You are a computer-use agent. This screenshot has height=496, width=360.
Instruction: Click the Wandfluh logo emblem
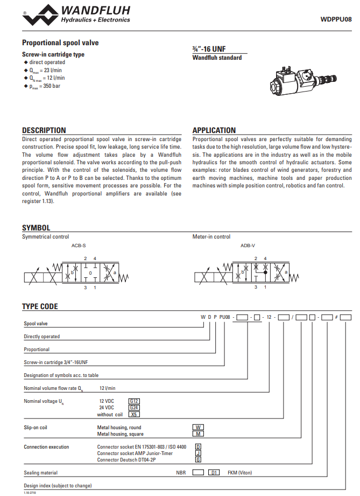40,15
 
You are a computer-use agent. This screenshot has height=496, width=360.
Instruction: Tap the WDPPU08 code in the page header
336,19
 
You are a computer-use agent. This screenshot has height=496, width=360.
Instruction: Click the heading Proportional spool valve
60,43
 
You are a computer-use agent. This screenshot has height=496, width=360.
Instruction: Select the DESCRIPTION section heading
44,130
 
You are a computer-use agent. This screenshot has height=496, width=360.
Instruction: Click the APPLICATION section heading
214,130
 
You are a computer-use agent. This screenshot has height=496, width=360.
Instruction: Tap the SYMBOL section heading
36,228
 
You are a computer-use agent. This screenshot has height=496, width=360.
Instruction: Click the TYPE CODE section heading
40,306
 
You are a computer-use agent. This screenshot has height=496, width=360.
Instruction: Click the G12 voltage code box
134,401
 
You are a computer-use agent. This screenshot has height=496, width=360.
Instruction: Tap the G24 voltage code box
134,408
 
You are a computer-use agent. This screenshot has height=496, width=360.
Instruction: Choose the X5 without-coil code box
134,414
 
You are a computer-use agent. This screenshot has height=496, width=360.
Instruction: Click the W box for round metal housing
198,427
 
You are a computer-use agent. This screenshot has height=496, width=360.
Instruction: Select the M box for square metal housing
198,434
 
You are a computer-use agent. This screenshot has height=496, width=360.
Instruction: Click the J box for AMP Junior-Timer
198,453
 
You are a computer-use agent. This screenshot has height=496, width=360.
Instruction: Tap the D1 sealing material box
214,472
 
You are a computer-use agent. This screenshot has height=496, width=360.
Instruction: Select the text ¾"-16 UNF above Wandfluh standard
209,48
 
